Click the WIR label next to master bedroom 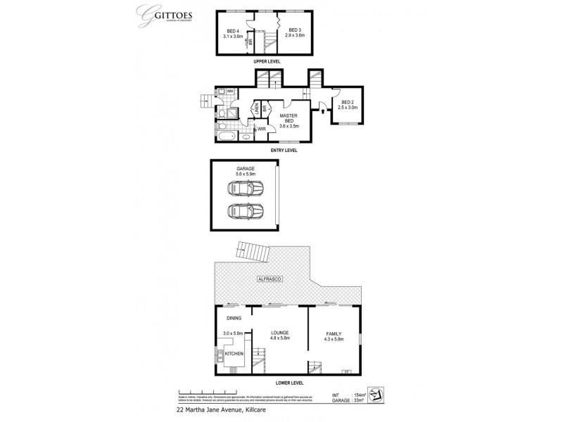tap(261, 129)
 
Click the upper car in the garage tap(245, 188)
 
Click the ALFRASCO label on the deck tap(270, 280)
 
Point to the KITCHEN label tap(235, 354)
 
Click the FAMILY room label tap(334, 337)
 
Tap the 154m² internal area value tap(358, 396)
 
